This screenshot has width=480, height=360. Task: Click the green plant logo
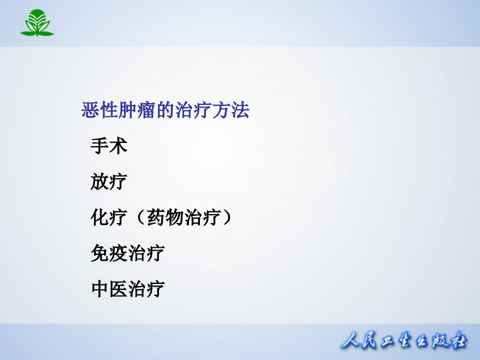click(x=37, y=23)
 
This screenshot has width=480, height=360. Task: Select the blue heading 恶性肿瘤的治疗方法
click(x=165, y=110)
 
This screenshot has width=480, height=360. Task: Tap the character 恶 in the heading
click(x=90, y=110)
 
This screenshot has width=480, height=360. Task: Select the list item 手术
click(x=109, y=146)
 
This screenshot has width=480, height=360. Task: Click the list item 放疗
click(x=109, y=181)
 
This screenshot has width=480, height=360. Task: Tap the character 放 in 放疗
click(x=99, y=181)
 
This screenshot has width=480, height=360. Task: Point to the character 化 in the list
click(x=99, y=217)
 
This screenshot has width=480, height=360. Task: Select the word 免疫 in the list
click(x=109, y=253)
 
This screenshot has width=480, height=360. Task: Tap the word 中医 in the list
click(x=109, y=289)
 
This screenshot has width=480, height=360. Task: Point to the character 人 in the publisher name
click(x=351, y=341)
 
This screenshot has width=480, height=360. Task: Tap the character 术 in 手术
click(x=118, y=146)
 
